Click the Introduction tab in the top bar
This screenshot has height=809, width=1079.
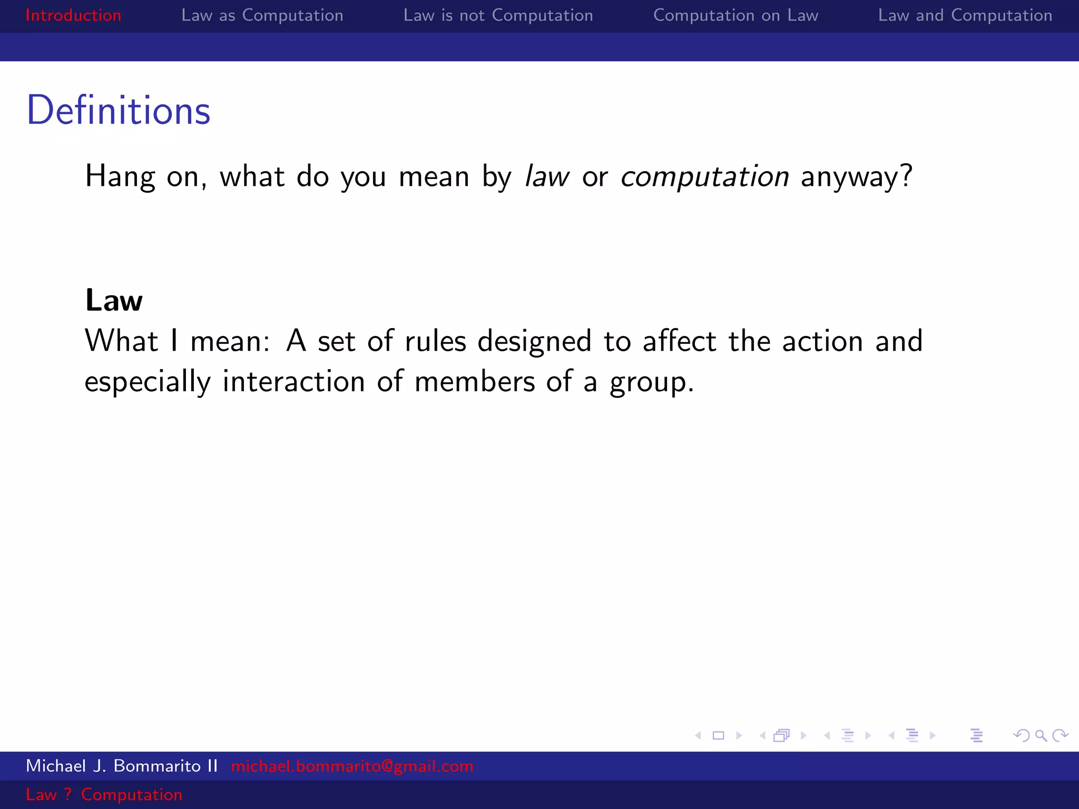(73, 15)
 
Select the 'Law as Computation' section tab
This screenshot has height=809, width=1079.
(262, 15)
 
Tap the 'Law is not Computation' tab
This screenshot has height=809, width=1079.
(498, 15)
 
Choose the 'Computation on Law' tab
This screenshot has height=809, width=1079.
(735, 15)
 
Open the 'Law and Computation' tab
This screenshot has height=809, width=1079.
(965, 15)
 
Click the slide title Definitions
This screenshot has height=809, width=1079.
(119, 111)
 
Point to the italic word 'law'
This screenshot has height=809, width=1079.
(547, 176)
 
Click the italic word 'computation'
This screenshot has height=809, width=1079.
(704, 176)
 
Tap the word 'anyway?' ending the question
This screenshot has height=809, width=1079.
(856, 176)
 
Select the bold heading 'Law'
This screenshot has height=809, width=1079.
(114, 301)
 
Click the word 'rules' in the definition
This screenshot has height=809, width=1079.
(435, 341)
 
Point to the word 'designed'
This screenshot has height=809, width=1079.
(534, 341)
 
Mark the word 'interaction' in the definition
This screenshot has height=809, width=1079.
(293, 381)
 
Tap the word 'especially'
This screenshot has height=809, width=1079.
(148, 382)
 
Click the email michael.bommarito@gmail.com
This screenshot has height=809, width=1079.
(352, 766)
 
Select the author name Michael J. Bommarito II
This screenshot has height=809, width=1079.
(122, 766)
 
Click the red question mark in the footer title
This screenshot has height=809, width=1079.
(67, 794)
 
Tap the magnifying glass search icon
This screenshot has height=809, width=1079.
(1041, 735)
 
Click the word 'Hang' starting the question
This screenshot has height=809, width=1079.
(120, 177)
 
